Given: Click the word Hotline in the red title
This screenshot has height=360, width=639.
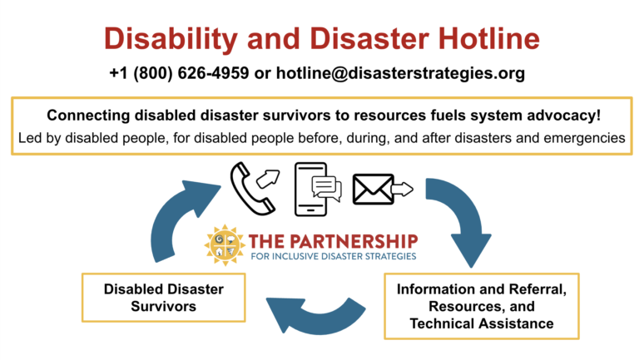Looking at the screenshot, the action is tap(489, 39).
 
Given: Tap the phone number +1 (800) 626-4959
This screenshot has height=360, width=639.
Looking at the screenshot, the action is tap(179, 73).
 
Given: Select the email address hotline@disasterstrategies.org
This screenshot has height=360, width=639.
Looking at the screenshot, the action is tap(400, 74).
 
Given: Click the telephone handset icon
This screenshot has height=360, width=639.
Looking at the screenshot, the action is tap(250, 188).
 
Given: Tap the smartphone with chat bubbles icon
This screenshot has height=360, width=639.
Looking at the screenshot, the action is tap(318, 189).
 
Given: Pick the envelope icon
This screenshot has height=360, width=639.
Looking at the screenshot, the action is tap(373, 190).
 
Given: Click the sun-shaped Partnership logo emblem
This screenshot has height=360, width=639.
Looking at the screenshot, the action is tap(225, 245).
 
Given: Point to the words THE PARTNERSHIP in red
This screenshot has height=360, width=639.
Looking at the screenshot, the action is tap(334, 241).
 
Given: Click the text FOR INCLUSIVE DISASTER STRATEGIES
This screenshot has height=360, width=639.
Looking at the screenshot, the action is tap(334, 257).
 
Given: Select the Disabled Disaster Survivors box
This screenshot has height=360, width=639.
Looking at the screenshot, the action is tap(163, 298).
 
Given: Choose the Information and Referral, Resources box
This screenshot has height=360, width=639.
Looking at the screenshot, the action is tap(481, 306).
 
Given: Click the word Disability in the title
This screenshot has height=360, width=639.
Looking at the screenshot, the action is tap(171, 40).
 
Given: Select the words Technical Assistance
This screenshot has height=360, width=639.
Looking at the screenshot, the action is tap(482, 323).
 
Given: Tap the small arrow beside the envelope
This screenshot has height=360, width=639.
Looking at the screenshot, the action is tap(402, 189).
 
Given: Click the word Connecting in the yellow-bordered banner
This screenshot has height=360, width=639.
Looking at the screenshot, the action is tap(89, 116).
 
